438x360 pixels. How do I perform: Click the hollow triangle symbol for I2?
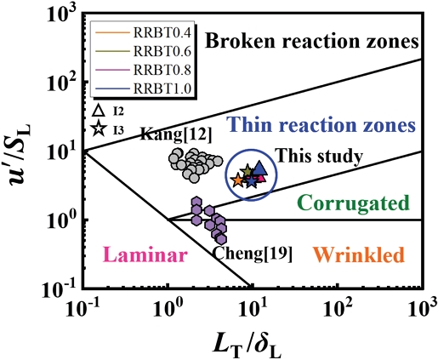coord(99,111)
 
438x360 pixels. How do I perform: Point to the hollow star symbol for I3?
coord(99,129)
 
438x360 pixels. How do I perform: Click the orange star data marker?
coord(238,180)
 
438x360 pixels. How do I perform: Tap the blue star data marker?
coord(251,182)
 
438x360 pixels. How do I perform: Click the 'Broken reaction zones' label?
coord(312,41)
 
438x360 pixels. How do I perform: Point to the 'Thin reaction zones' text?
coord(321,124)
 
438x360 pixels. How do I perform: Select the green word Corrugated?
coord(353,203)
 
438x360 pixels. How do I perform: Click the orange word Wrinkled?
coord(358,254)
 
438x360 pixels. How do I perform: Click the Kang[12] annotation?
coord(176,134)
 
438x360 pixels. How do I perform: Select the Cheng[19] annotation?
coord(253,254)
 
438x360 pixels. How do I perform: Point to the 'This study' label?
coord(320,156)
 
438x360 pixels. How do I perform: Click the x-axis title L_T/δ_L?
coord(247,345)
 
